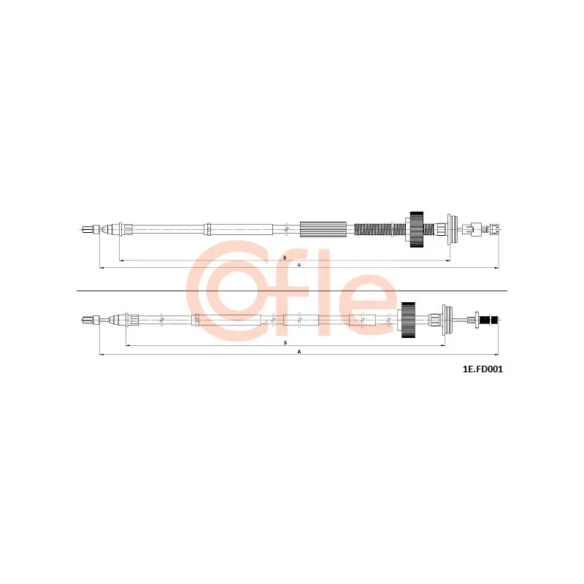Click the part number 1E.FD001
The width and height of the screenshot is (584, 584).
point(483,369)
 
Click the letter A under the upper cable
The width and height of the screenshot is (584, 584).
point(299,265)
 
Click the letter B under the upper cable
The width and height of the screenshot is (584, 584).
point(285,258)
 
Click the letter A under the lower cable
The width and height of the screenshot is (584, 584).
point(299,352)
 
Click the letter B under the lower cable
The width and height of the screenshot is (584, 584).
point(285,342)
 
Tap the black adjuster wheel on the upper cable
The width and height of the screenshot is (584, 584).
point(417,229)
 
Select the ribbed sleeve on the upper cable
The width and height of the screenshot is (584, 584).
point(323,229)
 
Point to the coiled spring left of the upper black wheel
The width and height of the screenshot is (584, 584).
point(379,229)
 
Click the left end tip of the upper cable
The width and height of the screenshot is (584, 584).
point(81,229)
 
